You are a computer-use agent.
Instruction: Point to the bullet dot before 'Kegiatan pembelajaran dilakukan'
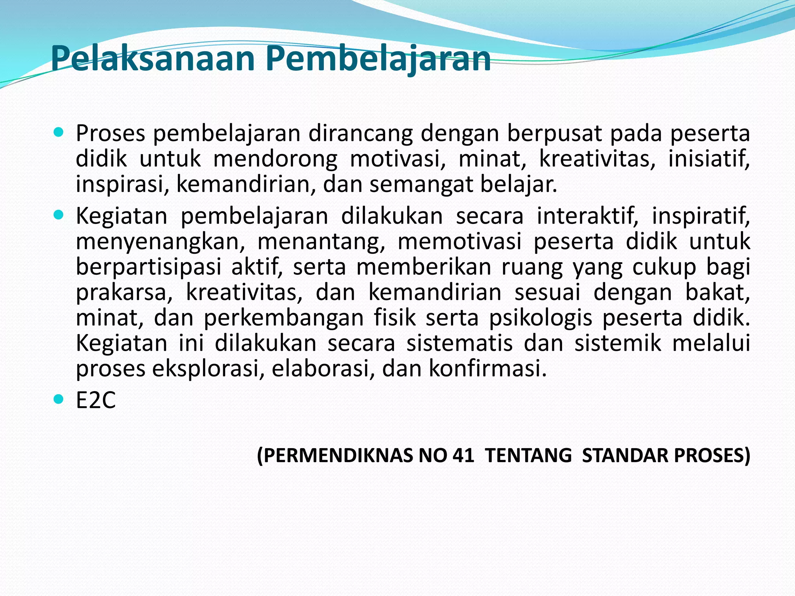[58, 215]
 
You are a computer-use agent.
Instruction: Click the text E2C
[95, 400]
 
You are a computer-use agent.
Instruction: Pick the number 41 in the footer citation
[463, 455]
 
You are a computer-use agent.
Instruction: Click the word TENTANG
[528, 455]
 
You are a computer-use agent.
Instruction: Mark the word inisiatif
[708, 159]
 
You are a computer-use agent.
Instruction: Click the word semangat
[421, 185]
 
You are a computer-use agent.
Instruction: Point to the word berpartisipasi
[148, 268]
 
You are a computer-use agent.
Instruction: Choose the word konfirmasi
[487, 368]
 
